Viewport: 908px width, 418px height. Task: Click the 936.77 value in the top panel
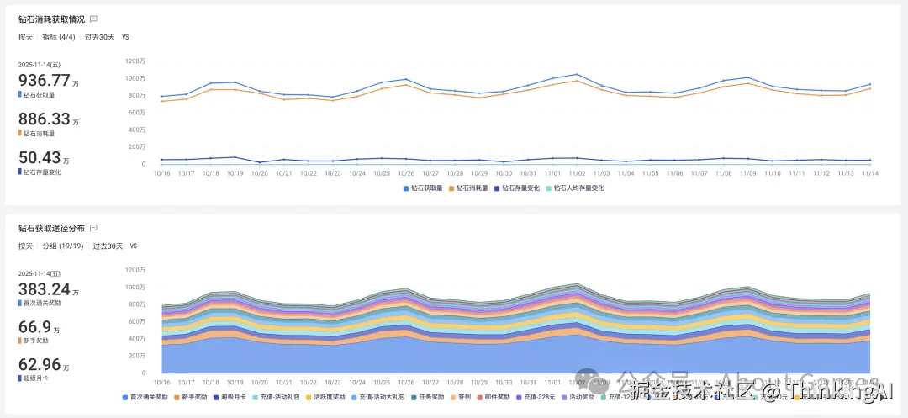[x=45, y=80]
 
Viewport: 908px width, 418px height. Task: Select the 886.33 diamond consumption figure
[x=45, y=119]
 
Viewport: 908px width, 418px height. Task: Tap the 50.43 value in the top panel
[x=40, y=157]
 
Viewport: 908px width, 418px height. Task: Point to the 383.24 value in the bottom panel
[x=45, y=288]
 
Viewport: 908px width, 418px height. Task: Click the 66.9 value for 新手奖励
[x=34, y=327]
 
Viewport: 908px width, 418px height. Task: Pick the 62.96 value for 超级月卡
[x=40, y=365]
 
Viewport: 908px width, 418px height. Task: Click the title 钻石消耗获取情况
[x=50, y=19]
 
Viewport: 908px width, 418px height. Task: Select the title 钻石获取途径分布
[x=50, y=228]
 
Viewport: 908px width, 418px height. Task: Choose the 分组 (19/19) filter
[x=63, y=246]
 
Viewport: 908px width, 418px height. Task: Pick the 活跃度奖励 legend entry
[x=326, y=397]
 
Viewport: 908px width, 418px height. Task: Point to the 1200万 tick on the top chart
[x=135, y=61]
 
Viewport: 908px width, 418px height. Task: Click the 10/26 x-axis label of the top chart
[x=406, y=173]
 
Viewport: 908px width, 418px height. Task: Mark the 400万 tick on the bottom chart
[x=136, y=338]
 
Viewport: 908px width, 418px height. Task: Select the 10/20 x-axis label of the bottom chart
[x=259, y=382]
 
